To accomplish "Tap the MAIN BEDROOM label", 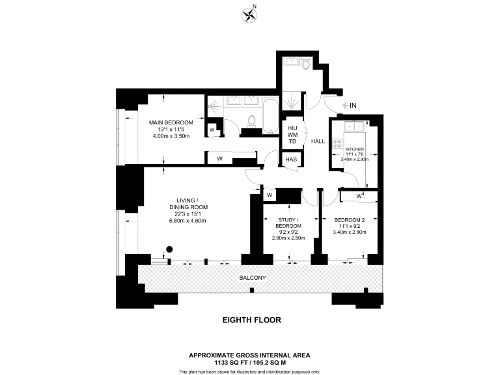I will click(x=171, y=122).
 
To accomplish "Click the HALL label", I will click(x=318, y=141).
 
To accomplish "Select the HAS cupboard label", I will click(x=291, y=160).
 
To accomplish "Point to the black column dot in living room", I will click(x=169, y=248).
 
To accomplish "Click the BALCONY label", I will click(x=253, y=278).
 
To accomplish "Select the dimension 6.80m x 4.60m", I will click(x=187, y=221).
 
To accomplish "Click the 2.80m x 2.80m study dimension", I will click(x=288, y=238).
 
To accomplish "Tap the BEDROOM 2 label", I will click(x=351, y=220).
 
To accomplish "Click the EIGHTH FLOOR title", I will click(x=250, y=320).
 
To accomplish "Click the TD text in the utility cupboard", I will click(x=292, y=141).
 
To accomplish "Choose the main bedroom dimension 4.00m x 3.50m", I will click(x=171, y=135).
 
